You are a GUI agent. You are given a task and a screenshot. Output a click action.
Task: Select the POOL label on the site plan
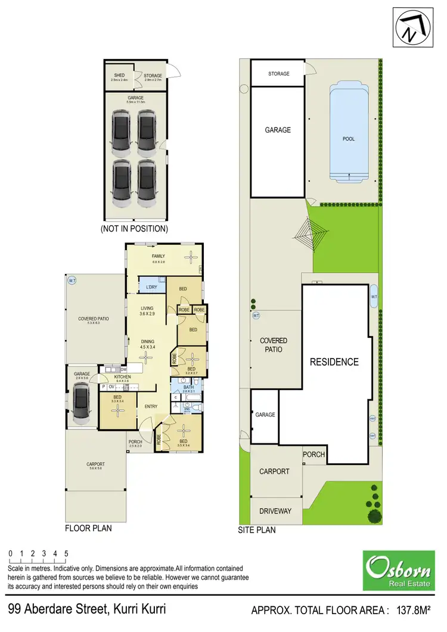coord(349,139)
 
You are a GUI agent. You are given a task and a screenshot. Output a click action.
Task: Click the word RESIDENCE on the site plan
coord(334,362)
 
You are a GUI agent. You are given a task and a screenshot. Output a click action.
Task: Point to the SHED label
coord(119,76)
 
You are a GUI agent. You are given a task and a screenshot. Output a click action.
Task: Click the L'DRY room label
coord(151,288)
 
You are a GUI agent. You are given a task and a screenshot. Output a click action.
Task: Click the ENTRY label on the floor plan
coord(151,407)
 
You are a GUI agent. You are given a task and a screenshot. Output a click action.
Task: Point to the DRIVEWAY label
coord(275,511)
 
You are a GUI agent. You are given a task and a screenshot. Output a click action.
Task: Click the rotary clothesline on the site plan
coord(309,234)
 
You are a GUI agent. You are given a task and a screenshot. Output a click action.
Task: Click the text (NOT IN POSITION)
coord(134,228)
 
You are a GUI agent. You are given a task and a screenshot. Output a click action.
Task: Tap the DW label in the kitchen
coord(123,369)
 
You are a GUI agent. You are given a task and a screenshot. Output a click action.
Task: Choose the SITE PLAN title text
coord(257,530)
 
